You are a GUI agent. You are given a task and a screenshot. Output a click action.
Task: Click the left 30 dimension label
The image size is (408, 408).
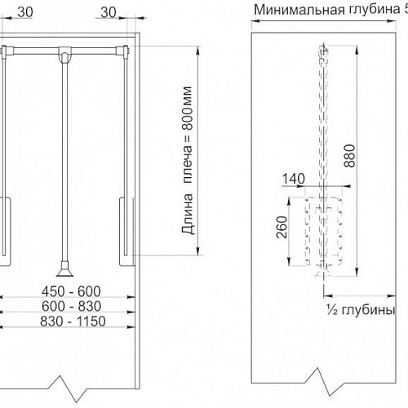click(25, 12)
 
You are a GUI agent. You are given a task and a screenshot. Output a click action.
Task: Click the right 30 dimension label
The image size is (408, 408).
click(109, 12)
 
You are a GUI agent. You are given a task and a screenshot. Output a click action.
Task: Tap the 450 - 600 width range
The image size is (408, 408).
click(71, 291)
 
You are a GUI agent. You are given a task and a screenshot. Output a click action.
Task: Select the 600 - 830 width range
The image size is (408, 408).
click(71, 306)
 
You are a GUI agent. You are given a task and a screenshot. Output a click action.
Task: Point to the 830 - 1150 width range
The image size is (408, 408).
click(73, 322)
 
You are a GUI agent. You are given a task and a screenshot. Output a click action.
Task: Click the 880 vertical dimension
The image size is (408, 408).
click(350, 156)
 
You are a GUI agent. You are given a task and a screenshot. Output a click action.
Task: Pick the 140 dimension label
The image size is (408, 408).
click(294, 179)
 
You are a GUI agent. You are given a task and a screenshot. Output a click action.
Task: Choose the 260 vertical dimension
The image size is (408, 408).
click(282, 227)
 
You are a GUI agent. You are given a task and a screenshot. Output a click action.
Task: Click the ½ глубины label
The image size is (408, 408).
click(361, 309)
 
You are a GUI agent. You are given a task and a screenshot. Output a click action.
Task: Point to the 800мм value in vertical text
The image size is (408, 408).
click(187, 109)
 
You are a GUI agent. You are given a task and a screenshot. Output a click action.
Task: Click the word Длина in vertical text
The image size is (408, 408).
click(188, 214)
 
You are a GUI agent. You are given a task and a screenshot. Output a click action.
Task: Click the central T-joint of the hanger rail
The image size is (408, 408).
click(64, 54)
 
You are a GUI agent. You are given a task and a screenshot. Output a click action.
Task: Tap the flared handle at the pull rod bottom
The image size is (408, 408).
click(64, 269)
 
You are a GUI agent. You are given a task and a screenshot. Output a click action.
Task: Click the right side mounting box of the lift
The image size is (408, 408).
click(126, 232)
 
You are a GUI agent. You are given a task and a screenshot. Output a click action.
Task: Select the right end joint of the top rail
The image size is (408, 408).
click(122, 51)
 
